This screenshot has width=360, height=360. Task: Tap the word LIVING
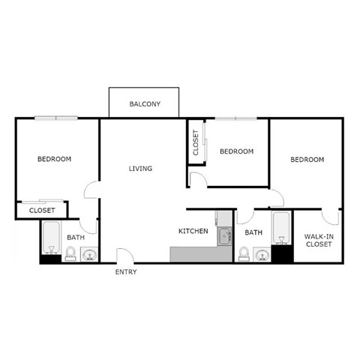pos(140,169)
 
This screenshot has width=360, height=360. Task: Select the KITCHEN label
pos(193,231)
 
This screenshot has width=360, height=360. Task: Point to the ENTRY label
pos(126,271)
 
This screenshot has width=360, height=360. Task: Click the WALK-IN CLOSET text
pos(319,240)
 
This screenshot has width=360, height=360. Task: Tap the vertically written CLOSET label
pos(196,142)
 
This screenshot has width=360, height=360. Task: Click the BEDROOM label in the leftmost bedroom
pos(55,159)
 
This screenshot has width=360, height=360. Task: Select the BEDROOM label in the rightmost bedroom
pos(307,160)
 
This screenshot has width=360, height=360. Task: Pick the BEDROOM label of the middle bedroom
pos(236,151)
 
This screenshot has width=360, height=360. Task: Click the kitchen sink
pos(223,238)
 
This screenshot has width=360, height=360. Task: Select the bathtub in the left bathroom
pos(51,238)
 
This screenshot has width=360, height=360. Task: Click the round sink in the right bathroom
pos(262,255)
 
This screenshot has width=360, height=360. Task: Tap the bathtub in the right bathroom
pos(281,229)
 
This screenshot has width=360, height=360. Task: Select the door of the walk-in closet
pos(330,217)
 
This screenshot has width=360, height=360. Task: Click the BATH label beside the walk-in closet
pos(253,232)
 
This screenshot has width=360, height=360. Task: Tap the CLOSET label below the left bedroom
pos(41,211)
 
